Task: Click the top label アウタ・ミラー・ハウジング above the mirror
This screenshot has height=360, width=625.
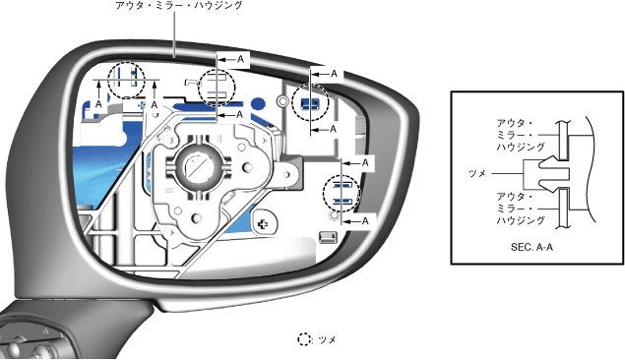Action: click(178, 5)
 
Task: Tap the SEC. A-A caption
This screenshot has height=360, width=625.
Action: click(531, 247)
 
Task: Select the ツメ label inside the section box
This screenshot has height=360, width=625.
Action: click(476, 174)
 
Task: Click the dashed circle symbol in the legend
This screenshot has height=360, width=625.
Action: click(304, 339)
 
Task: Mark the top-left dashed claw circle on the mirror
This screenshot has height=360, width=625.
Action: click(127, 80)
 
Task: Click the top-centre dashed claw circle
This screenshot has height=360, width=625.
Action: click(217, 88)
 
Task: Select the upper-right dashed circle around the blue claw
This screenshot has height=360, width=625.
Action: click(310, 103)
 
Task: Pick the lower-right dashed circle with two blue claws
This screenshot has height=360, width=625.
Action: click(342, 194)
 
